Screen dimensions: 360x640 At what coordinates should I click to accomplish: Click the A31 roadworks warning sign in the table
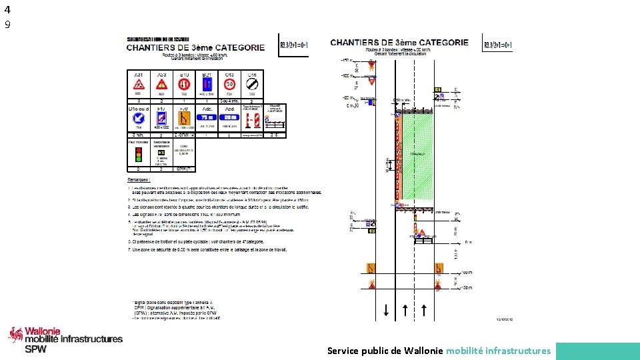139,85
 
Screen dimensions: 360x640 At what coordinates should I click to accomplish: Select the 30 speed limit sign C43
229,85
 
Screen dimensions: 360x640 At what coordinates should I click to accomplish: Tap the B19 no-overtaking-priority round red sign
185,85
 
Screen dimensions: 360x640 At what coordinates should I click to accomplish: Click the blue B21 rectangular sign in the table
207,85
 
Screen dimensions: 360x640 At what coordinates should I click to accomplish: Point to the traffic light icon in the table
139,154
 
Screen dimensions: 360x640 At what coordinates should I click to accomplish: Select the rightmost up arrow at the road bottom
423,309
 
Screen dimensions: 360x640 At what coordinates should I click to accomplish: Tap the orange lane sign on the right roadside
439,268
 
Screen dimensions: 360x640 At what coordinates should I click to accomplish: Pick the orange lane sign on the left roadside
371,268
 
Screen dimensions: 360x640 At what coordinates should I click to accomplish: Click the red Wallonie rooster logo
15,335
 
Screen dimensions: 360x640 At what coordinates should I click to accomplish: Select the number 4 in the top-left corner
7,9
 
